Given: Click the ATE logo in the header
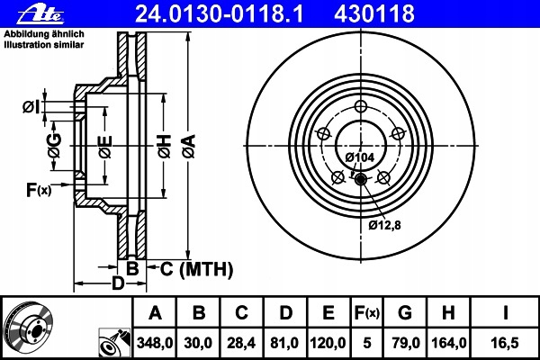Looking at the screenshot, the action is [x=40, y=13].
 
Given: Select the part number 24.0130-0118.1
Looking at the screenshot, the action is [x=220, y=13].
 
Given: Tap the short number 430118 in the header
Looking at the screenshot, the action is [x=374, y=13].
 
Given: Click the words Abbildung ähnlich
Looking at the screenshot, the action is [x=44, y=34].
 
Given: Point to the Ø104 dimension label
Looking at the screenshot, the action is [x=359, y=157].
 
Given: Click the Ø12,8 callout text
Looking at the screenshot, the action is [x=384, y=225].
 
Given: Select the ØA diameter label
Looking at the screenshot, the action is [x=189, y=146].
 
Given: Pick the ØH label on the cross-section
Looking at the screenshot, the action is [x=165, y=146].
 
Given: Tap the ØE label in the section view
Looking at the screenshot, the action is [x=105, y=147].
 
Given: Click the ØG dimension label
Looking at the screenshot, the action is [x=54, y=146].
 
